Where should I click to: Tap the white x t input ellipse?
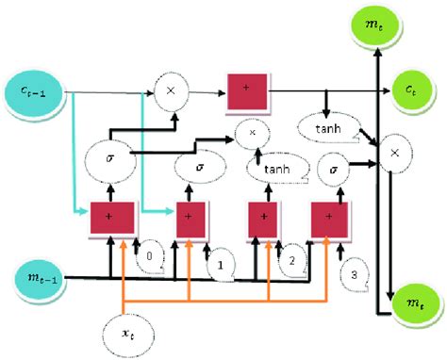(125, 333)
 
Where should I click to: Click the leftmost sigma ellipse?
(111, 157)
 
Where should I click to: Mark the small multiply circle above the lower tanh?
(252, 134)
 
